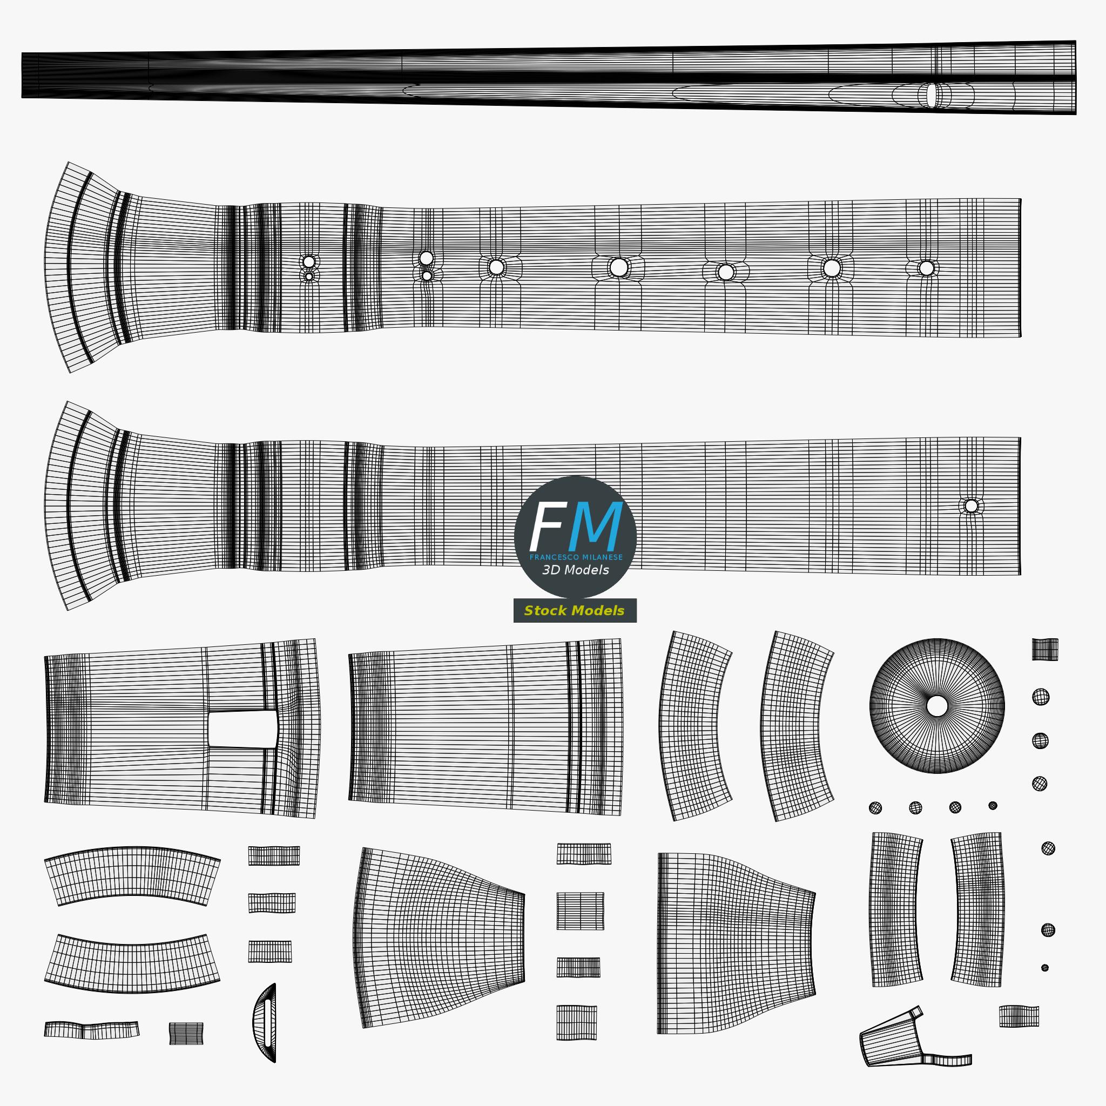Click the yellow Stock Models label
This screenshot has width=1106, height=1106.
tap(574, 611)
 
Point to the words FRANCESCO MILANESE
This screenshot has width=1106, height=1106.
tap(575, 557)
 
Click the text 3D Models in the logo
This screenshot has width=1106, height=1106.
tap(575, 570)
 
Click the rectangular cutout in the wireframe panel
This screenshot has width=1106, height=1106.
tap(242, 729)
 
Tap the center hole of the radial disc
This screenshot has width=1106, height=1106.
tap(936, 706)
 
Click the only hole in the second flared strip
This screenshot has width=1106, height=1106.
tap(971, 506)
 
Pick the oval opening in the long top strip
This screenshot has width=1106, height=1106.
tap(932, 95)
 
